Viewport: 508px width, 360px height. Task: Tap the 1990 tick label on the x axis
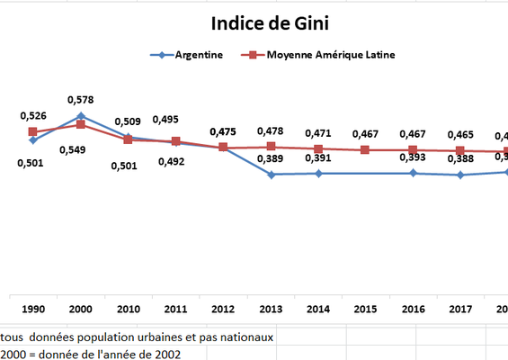click(33, 309)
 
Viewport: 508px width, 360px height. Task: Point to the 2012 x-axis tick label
click(223, 309)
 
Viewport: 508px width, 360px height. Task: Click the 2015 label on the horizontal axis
click(366, 309)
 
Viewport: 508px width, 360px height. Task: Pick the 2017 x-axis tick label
click(460, 309)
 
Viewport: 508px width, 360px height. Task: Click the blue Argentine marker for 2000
click(81, 115)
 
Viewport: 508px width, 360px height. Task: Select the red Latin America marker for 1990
click(33, 132)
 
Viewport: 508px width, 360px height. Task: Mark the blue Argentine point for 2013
click(271, 174)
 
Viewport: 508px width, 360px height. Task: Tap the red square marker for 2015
click(366, 149)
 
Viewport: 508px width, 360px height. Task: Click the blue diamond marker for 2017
click(460, 175)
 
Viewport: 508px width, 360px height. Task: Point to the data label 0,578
click(81, 100)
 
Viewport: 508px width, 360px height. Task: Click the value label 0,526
click(33, 116)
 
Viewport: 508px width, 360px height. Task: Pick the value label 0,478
click(271, 131)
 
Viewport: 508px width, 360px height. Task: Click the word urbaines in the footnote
click(167, 337)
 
